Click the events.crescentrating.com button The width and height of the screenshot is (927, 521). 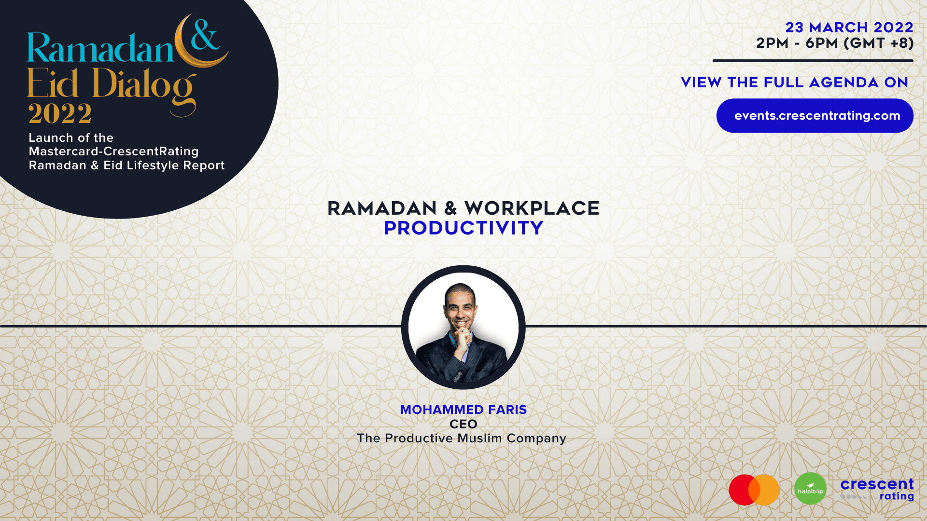[x=815, y=116]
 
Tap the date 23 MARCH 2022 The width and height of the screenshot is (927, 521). [x=849, y=27]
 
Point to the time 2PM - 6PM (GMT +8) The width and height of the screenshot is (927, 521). [x=835, y=43]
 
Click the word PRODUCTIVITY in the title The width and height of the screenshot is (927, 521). [x=463, y=228]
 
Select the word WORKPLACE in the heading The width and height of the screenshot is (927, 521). [x=532, y=208]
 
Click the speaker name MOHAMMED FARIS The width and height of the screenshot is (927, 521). [x=463, y=410]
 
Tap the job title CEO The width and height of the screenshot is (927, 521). [x=463, y=424]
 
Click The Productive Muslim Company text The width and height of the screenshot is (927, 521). [x=462, y=439]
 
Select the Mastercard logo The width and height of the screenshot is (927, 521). [x=754, y=490]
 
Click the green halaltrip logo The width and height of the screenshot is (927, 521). [x=810, y=489]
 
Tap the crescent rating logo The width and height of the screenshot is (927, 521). [x=877, y=490]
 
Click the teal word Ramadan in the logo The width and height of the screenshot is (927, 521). [x=100, y=48]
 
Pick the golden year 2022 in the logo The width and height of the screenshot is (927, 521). [x=60, y=114]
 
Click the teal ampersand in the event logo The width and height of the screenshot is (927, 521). [x=205, y=35]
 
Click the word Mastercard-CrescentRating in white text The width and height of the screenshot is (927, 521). [x=114, y=151]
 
